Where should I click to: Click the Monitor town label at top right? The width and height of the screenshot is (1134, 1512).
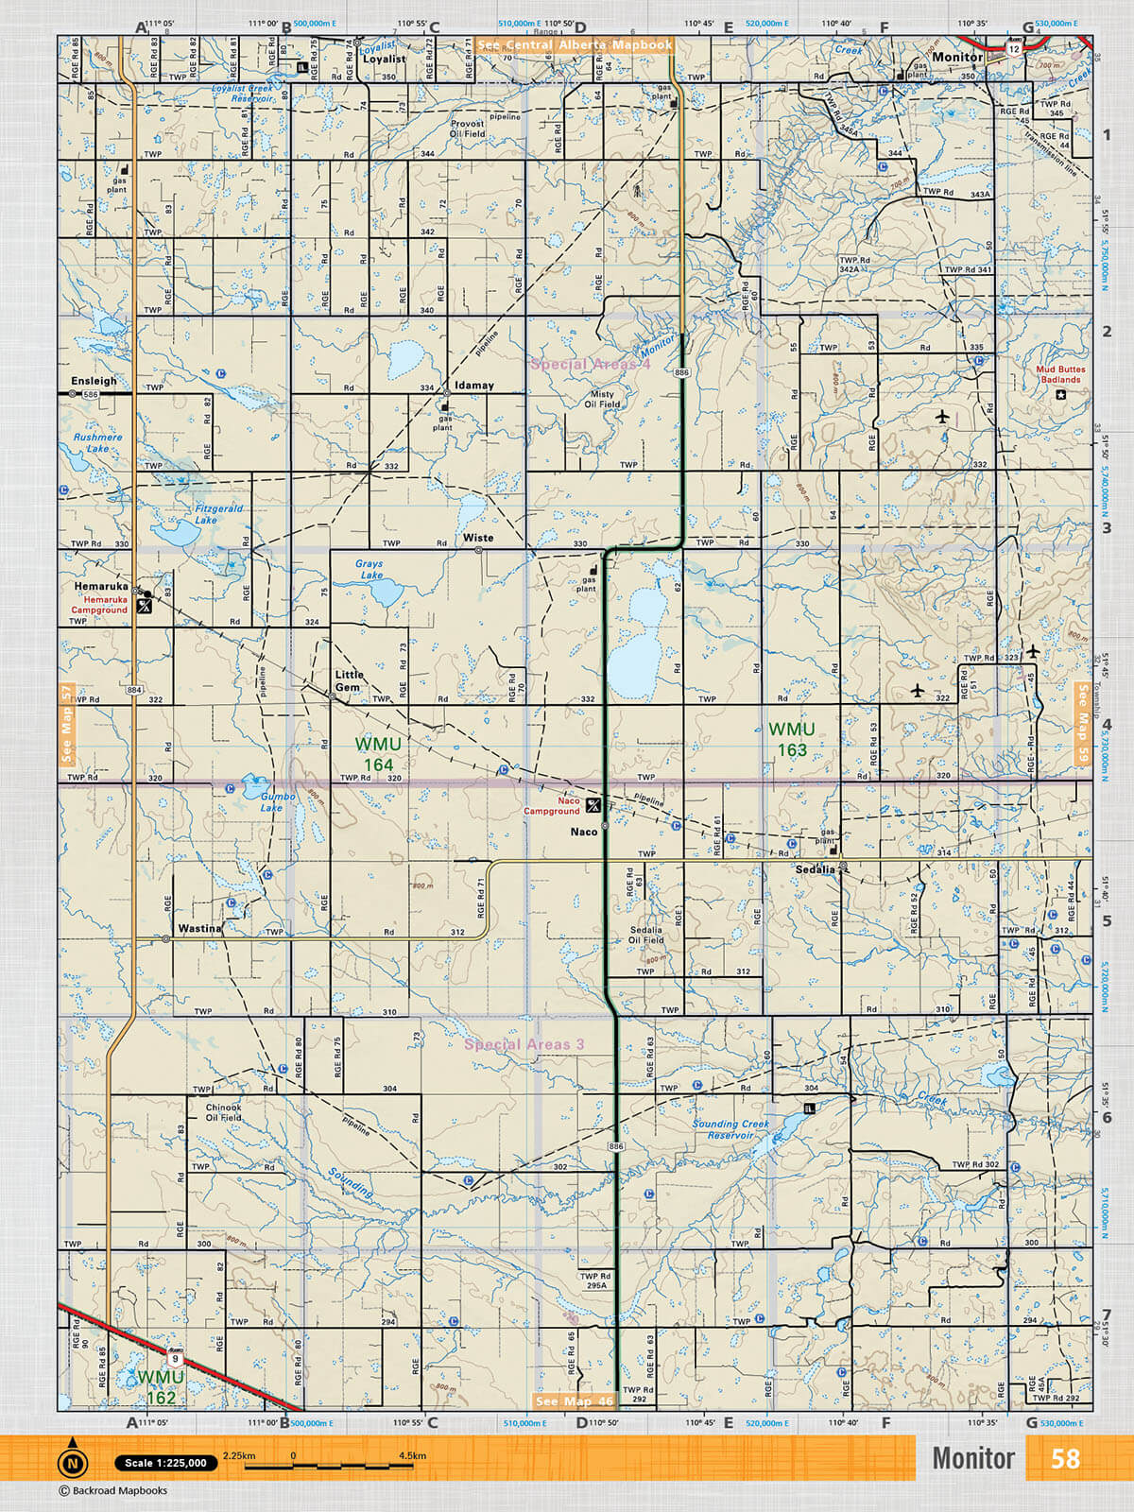956,57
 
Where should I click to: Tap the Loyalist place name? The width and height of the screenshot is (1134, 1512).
384,59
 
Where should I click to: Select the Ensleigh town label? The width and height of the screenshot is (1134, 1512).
94,381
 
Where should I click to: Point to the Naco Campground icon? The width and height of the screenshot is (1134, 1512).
593,806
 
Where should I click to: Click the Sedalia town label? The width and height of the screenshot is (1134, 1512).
815,869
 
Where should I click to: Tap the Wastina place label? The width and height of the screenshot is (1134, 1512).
199,928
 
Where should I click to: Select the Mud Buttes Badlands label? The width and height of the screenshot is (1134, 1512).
1060,374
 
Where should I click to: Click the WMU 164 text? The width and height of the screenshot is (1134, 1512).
378,754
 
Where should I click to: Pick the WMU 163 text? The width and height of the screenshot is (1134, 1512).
792,739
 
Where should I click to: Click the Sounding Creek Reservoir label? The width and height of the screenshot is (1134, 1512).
730,1129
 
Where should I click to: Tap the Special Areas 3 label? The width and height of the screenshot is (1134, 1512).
524,1044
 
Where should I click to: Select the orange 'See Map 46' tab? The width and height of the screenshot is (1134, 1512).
575,1401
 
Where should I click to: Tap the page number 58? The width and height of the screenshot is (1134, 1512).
1065,1458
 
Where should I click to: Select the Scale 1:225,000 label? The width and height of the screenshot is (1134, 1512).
165,1463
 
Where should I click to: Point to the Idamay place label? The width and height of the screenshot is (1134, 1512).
473,386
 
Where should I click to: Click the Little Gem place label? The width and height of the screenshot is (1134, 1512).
349,680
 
